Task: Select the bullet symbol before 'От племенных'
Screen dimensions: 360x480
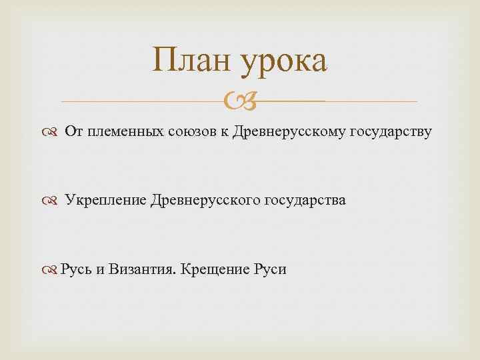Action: [53, 133]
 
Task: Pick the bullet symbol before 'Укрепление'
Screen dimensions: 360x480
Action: [53, 201]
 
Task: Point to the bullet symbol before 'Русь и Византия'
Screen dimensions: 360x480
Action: [53, 270]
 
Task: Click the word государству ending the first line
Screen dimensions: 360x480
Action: [391, 132]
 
